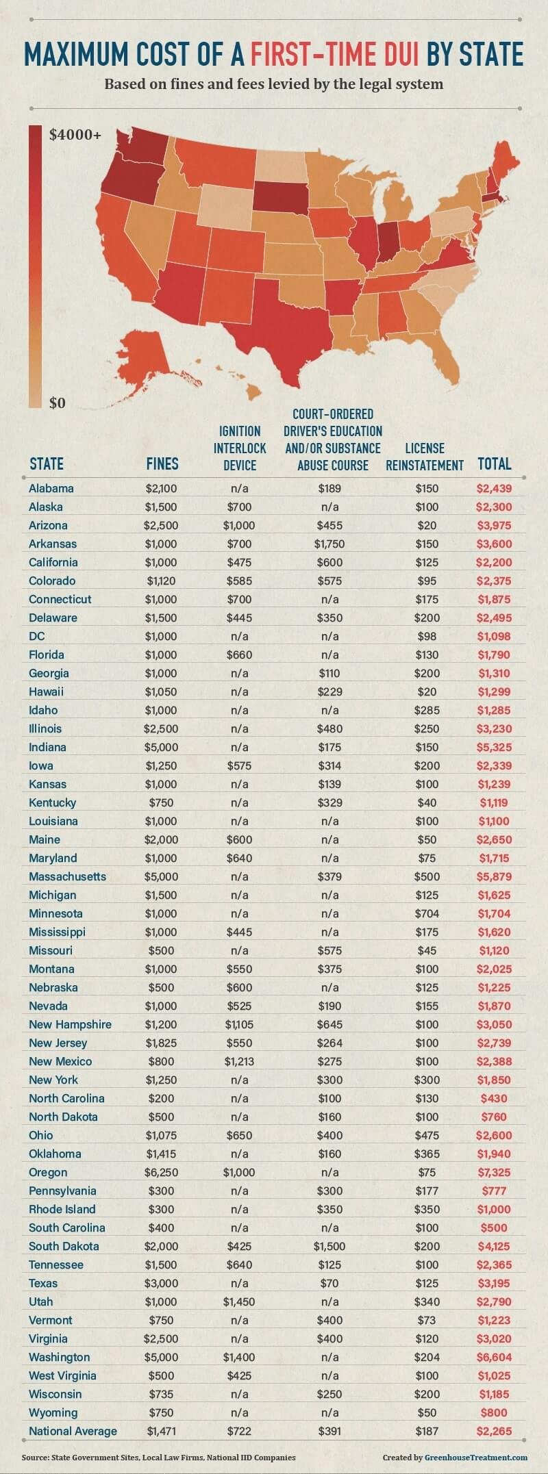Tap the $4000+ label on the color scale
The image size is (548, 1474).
tap(75, 135)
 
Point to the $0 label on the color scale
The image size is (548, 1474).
tap(58, 403)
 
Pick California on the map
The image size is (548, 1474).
tap(123, 246)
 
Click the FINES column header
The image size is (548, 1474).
tap(162, 463)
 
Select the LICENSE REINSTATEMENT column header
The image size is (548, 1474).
tap(425, 457)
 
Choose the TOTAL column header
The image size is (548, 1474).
tap(495, 463)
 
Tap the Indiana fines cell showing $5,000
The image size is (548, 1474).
tap(162, 747)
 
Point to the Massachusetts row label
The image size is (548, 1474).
tap(67, 876)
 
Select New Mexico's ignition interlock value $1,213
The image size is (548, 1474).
tap(240, 1061)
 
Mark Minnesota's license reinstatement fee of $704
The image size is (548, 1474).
tap(427, 913)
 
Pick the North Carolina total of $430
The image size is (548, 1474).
tap(494, 1098)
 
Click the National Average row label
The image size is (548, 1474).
tap(73, 1431)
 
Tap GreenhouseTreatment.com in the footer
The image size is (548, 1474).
tap(476, 1458)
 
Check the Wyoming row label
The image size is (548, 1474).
tap(53, 1412)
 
